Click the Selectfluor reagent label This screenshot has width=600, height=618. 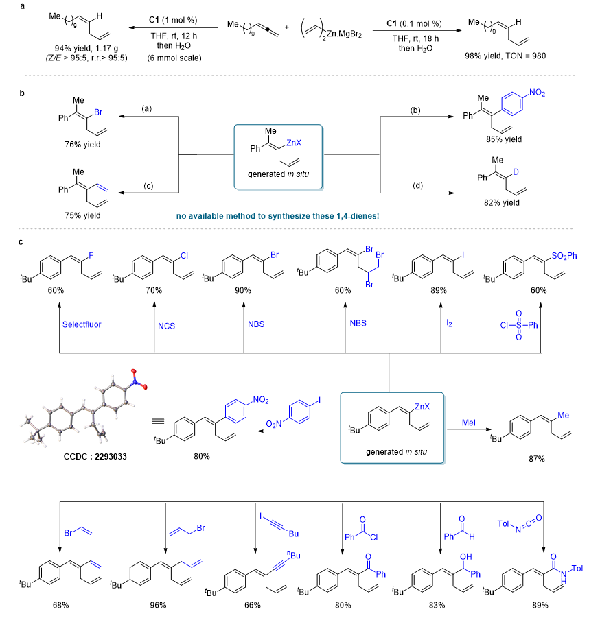pyautogui.click(x=82, y=324)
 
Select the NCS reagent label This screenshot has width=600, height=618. pyautogui.click(x=166, y=326)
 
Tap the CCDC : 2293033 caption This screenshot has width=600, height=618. pyautogui.click(x=95, y=456)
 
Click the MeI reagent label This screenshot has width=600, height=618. pyautogui.click(x=469, y=423)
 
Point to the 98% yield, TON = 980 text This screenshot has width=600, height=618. pyautogui.click(x=505, y=56)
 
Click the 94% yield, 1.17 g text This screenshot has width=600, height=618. pyautogui.click(x=86, y=49)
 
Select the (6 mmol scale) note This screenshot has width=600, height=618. pyautogui.click(x=174, y=58)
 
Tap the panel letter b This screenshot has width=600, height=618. pyautogui.click(x=22, y=93)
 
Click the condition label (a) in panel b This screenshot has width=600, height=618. pyautogui.click(x=147, y=108)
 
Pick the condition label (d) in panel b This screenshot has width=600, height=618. pyautogui.click(x=417, y=185)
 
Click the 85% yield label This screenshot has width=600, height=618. pyautogui.click(x=504, y=139)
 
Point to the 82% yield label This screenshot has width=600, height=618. pyautogui.click(x=502, y=202)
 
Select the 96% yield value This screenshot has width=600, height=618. pyautogui.click(x=158, y=604)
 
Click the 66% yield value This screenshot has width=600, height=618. pyautogui.click(x=253, y=604)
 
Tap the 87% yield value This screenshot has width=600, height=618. pyautogui.click(x=536, y=459)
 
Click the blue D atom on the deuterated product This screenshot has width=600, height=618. pyautogui.click(x=516, y=172)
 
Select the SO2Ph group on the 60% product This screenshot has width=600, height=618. pyautogui.click(x=564, y=256)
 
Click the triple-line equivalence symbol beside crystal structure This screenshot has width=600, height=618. pyautogui.click(x=158, y=421)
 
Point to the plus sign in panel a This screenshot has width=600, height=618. pyautogui.click(x=287, y=27)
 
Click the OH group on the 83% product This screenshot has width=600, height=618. pyautogui.click(x=466, y=556)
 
